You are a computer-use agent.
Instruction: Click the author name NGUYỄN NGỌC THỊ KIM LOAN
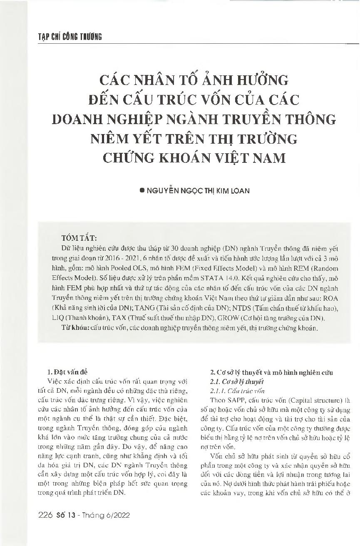[199, 190]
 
